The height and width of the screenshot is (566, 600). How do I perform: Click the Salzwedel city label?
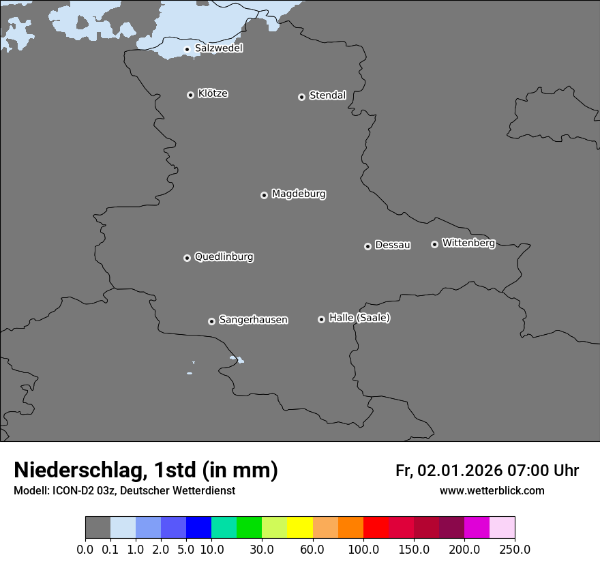click(218, 48)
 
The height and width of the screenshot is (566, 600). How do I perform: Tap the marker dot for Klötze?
click(190, 95)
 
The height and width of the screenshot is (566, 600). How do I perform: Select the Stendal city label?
click(327, 95)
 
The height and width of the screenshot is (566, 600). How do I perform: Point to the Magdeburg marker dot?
click(264, 195)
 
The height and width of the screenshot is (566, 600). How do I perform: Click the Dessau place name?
click(393, 245)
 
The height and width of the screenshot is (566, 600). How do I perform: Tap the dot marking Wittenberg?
click(434, 244)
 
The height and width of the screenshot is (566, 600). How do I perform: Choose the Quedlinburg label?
click(224, 257)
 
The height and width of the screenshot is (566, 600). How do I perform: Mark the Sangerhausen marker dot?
click(211, 321)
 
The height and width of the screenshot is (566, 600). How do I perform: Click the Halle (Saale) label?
click(359, 318)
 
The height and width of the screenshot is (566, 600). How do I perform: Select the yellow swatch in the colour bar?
click(300, 528)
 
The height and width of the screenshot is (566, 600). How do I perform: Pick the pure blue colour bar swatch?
click(198, 528)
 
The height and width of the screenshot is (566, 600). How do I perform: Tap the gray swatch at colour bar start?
click(97, 528)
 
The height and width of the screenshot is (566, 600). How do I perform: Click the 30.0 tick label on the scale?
click(262, 549)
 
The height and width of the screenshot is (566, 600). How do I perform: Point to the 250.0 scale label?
click(515, 549)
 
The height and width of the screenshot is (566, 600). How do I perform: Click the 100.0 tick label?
click(363, 549)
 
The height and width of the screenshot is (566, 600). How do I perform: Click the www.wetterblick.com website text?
click(492, 490)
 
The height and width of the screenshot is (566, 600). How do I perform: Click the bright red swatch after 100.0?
click(376, 528)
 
